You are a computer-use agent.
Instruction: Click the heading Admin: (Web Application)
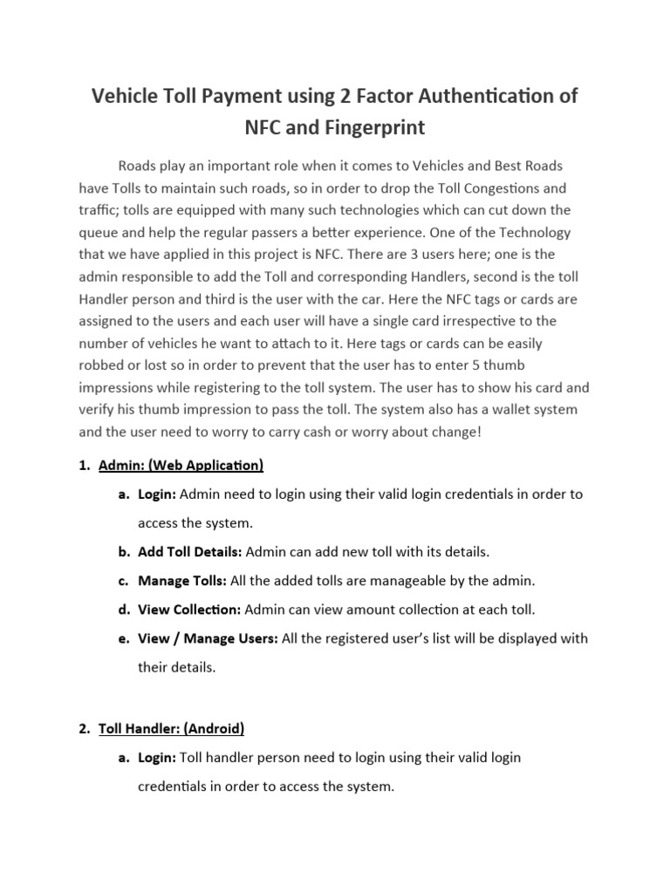(181, 465)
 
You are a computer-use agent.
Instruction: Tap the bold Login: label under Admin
(157, 494)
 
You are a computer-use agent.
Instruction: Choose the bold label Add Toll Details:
(190, 552)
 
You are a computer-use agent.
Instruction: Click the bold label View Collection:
(189, 610)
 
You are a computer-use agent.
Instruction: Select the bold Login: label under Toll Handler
(157, 757)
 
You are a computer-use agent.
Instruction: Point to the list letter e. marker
(124, 638)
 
